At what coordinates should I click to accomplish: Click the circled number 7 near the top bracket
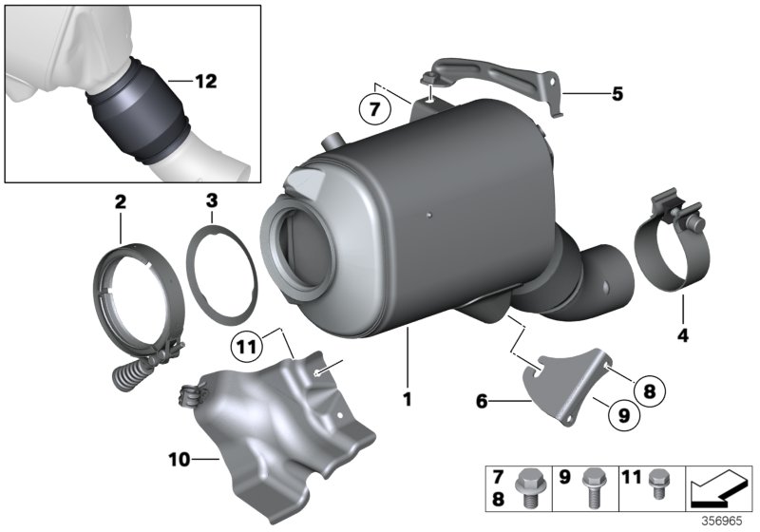[374, 109]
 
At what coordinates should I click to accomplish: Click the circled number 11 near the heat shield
[246, 349]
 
